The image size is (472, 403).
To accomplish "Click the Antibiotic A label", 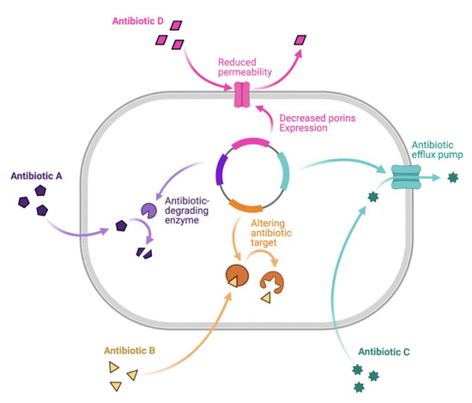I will point(36,175).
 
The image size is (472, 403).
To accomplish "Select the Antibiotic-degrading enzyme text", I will point(197,207).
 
